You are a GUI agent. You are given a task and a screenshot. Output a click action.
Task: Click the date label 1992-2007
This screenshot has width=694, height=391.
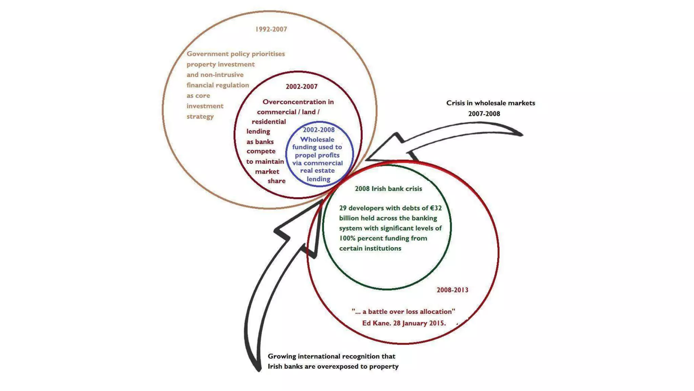pos(271,30)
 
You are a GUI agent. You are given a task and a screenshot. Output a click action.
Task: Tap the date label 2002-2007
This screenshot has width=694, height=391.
pos(302,87)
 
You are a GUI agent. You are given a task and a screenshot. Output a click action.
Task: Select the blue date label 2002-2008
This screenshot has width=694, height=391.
pos(319,130)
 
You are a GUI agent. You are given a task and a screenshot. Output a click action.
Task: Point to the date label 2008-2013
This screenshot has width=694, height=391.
pos(452,290)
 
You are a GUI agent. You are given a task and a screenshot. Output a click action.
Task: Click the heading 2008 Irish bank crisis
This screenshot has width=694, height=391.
pos(388,189)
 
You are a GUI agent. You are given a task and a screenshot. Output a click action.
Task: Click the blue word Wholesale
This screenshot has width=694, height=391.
pos(317,139)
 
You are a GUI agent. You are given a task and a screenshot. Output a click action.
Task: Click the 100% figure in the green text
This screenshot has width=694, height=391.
pos(347,238)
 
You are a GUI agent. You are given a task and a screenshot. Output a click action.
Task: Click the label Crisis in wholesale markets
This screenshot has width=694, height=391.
pos(490,103)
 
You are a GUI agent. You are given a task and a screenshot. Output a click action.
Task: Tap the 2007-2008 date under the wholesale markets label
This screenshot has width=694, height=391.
pos(484,114)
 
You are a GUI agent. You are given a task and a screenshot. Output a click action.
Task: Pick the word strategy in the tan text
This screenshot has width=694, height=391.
pos(200,116)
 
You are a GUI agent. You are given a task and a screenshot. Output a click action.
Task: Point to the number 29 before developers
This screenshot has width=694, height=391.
pos(343,208)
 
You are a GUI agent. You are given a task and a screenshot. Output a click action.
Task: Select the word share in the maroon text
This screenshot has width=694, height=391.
pos(277,181)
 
